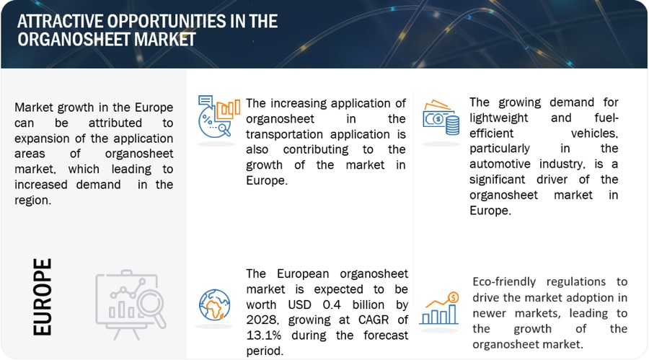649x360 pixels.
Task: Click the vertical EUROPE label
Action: (x=43, y=297)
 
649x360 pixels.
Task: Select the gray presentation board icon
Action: (x=131, y=304)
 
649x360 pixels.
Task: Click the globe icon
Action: (x=214, y=305)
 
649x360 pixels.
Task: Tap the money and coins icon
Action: (x=441, y=118)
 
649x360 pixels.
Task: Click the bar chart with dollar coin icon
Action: (x=439, y=308)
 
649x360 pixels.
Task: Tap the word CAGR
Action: (x=374, y=320)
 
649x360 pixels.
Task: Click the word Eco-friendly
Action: (x=504, y=281)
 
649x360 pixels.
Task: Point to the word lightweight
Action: (x=499, y=118)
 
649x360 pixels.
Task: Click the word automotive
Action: (x=500, y=164)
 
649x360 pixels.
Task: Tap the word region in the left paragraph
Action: (x=32, y=201)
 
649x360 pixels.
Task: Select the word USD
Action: (x=300, y=304)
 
